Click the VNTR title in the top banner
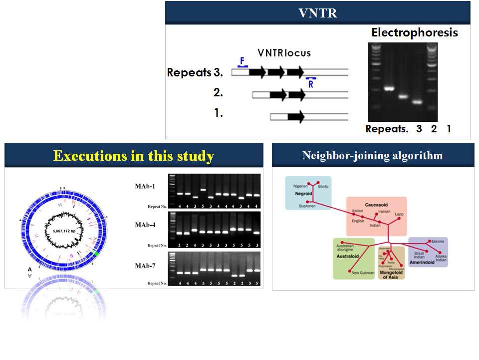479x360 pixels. point(317,13)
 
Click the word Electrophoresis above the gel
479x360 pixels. point(414,33)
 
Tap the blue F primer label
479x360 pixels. point(242,61)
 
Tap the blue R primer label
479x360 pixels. point(311,84)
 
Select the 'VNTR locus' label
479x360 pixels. point(284,53)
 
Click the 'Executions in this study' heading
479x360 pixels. point(133,156)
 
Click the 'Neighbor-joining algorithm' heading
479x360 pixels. point(372,155)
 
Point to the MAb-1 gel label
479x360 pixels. point(145,186)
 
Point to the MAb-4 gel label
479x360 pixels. point(145,225)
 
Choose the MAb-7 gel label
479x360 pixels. point(145,266)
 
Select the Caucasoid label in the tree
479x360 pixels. point(377,205)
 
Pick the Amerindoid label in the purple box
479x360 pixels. point(424,262)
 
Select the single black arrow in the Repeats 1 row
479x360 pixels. point(296,117)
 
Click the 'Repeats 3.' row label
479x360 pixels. point(195,72)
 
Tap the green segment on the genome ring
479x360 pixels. point(95,254)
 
